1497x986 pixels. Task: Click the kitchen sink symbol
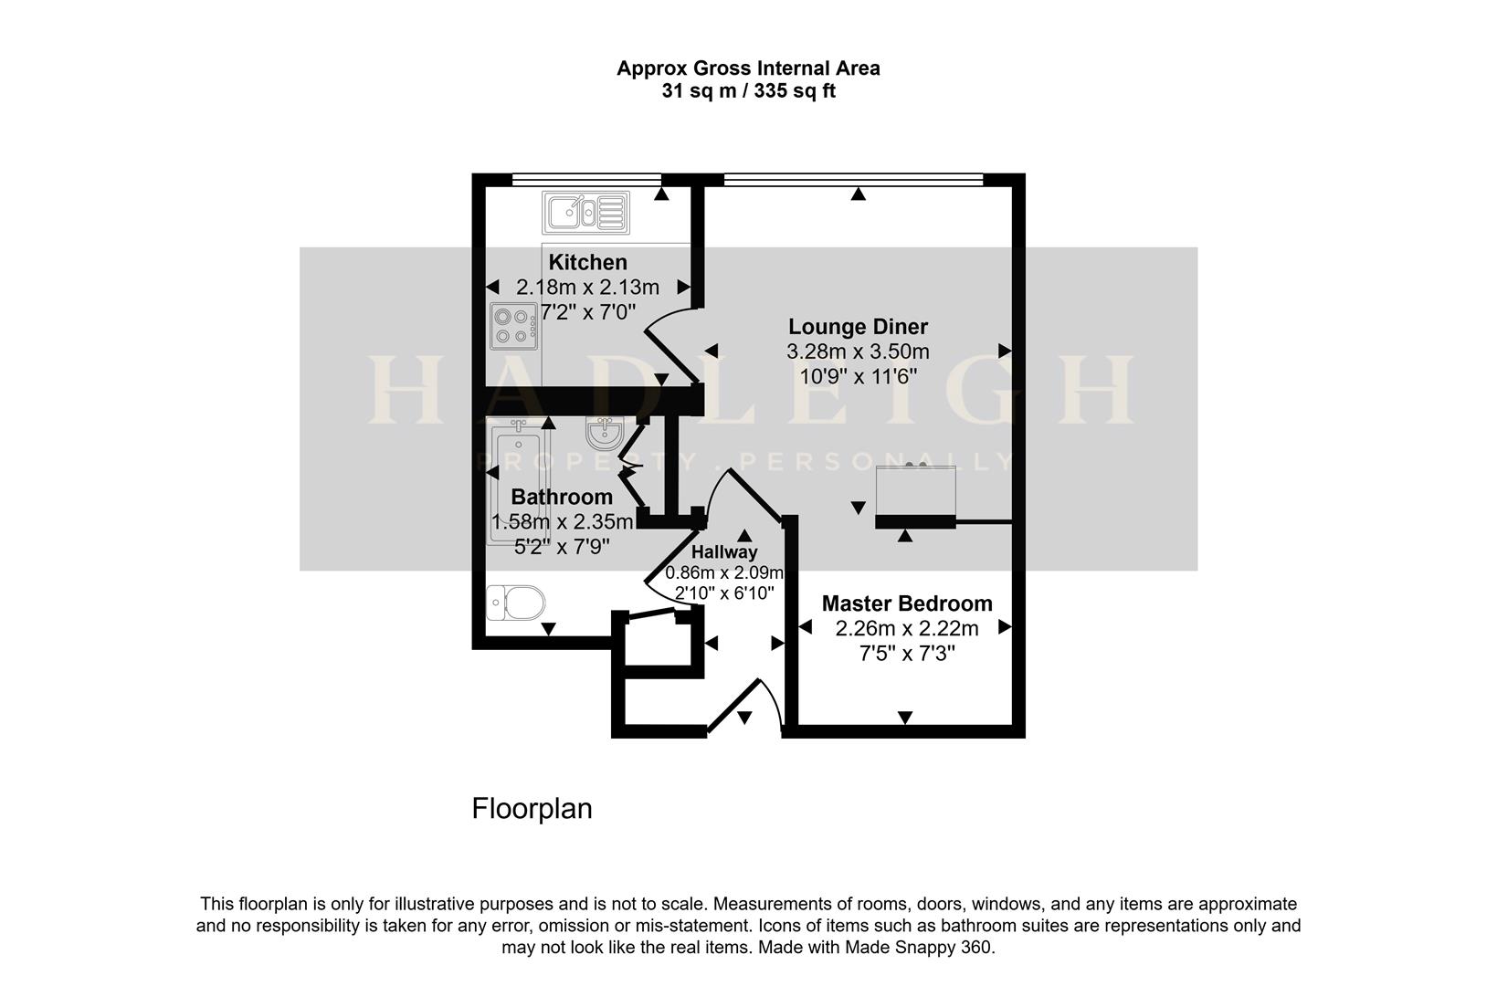[585, 213]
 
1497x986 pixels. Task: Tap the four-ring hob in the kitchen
[512, 326]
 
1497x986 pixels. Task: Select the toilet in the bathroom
[516, 603]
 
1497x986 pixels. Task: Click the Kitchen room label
[587, 263]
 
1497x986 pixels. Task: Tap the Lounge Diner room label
[858, 327]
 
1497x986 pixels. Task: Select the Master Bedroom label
[906, 603]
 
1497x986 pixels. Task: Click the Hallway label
[723, 552]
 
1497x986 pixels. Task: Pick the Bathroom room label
[561, 498]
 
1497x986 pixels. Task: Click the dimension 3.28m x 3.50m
[858, 351]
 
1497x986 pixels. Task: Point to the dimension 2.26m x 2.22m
[906, 628]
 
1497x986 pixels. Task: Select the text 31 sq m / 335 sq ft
[748, 91]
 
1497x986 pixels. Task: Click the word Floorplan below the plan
[532, 809]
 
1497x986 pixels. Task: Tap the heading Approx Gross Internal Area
[748, 68]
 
